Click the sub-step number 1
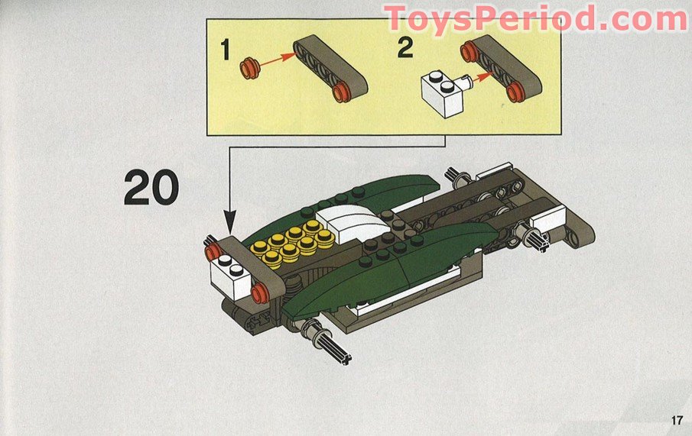[225, 50]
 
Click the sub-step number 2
[405, 47]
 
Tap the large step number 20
[151, 187]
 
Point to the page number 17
[675, 420]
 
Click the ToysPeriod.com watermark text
[535, 18]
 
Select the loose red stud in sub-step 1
[249, 68]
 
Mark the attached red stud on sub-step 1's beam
[342, 93]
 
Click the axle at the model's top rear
[460, 178]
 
